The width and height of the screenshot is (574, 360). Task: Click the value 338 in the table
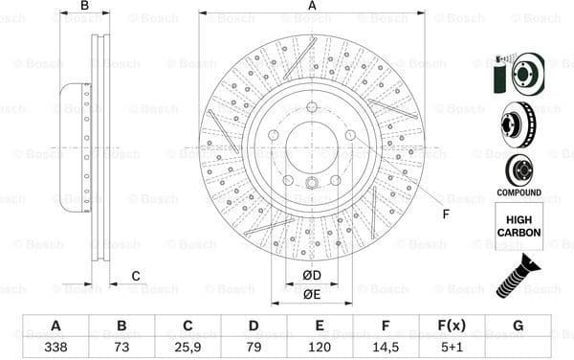55,348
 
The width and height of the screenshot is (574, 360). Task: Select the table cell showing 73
121,348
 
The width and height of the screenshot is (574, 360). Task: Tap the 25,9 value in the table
188,348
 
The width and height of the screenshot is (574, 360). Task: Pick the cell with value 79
254,348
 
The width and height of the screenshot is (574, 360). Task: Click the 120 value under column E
320,348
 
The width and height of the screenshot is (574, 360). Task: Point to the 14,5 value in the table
386,348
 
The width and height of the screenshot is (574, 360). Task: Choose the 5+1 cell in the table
452,348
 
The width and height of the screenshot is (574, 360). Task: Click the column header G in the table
518,326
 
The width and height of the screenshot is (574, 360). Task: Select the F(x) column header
452,326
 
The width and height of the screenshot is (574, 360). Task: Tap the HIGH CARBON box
519,226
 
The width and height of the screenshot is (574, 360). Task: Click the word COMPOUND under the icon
519,191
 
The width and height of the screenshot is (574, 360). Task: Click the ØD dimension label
312,277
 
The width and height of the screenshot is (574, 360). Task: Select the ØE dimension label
312,294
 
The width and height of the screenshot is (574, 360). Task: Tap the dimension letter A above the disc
312,7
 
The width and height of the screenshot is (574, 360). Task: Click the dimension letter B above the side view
84,7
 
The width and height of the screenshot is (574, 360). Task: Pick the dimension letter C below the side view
136,276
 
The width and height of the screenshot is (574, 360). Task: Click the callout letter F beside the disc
445,214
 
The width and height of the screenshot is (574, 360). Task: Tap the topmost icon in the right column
519,73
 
